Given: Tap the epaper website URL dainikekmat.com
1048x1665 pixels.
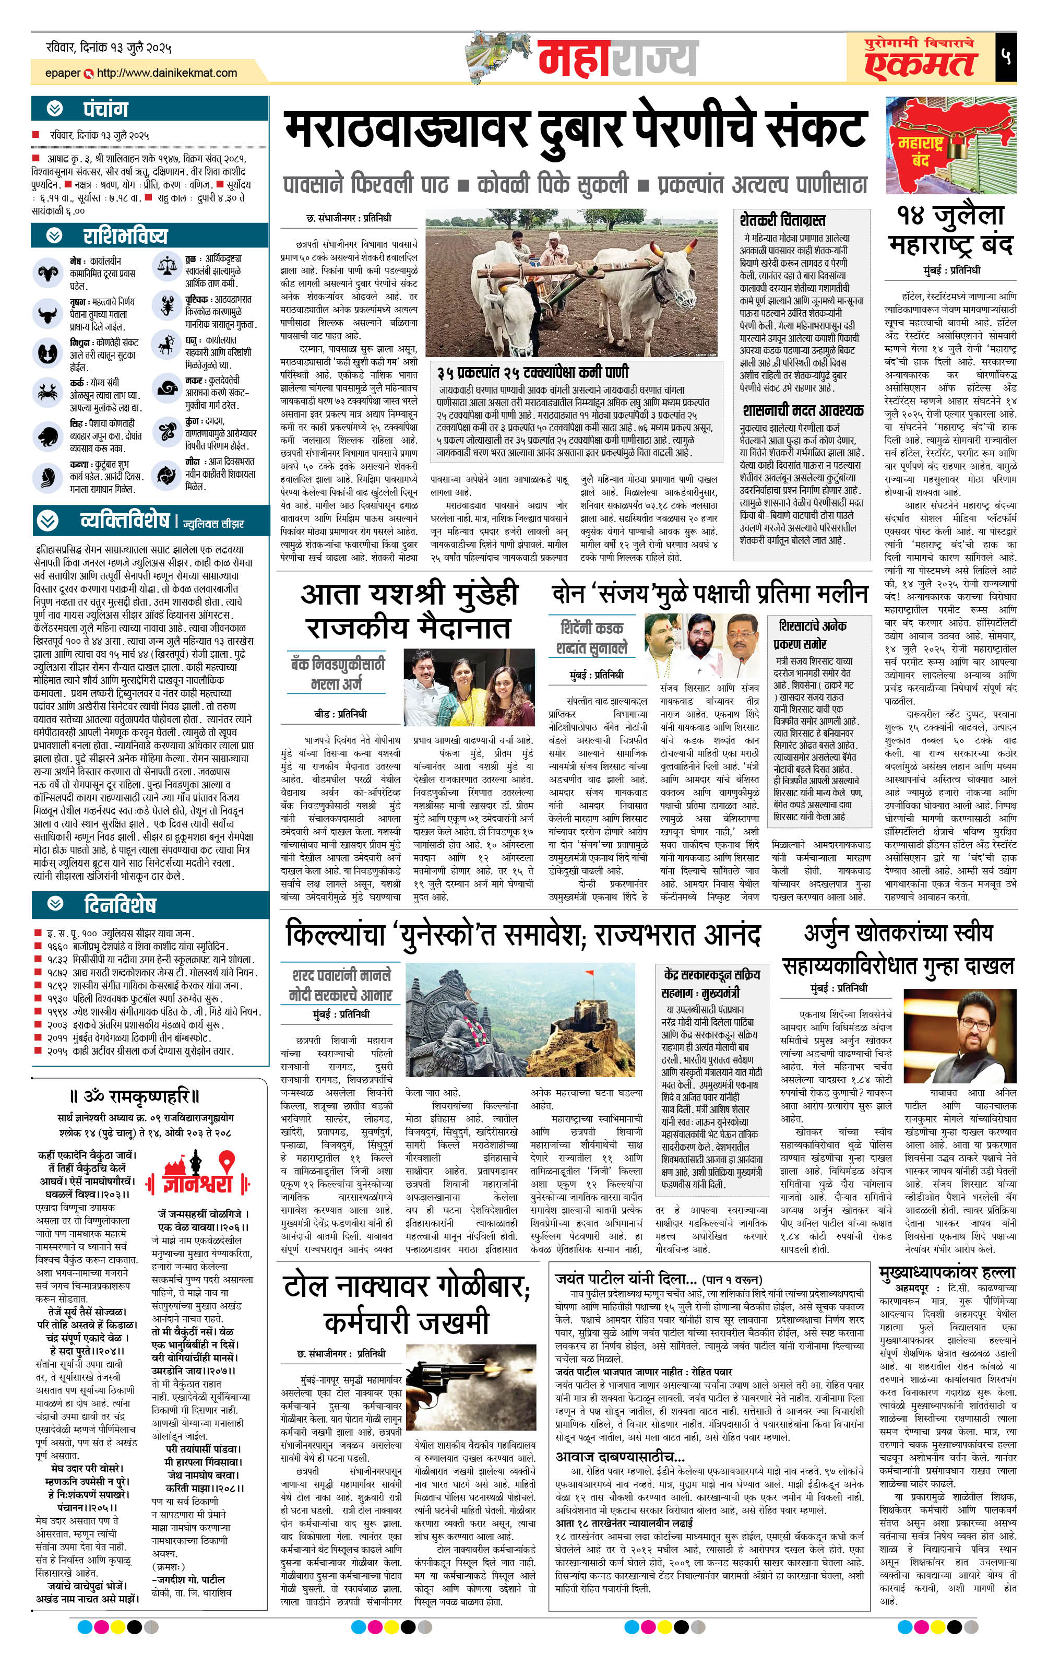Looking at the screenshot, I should click(166, 73).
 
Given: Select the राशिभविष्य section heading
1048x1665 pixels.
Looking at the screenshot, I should click(124, 236).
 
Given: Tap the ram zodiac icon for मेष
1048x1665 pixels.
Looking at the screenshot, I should click(49, 271).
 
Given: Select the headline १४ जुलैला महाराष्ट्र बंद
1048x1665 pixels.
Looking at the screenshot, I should click(950, 230).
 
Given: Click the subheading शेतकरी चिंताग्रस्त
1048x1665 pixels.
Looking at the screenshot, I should click(782, 220).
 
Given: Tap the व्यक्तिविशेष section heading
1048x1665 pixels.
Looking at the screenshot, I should click(124, 520).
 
